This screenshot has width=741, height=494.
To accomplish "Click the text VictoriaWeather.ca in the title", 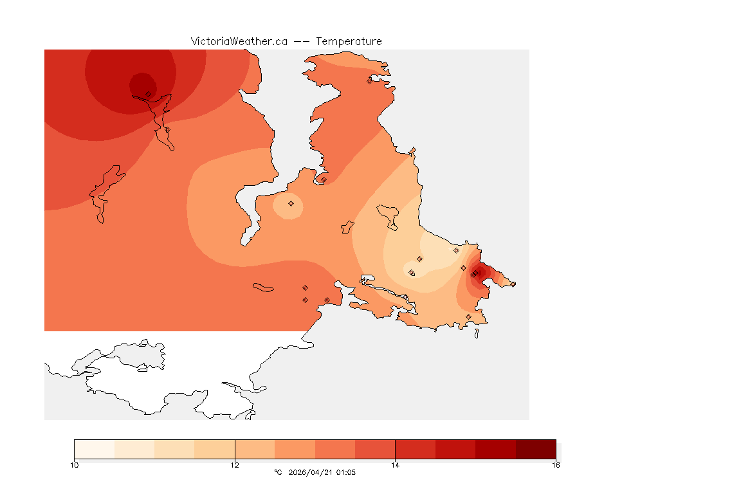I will point(239,41).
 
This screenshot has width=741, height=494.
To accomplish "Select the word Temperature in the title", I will point(349,41).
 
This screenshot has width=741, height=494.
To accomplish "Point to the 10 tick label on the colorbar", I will point(74,464).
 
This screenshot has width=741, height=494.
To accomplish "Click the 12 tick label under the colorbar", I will point(235,464).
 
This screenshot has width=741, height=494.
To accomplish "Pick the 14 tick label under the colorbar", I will point(395,464).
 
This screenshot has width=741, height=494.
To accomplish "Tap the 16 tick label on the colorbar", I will point(555,464).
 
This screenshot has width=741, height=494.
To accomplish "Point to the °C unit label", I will point(278,472).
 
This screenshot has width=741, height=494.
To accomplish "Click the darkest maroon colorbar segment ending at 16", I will point(535,449).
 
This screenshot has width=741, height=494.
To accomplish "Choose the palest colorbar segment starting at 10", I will point(94,449).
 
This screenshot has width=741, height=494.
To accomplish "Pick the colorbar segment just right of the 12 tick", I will point(255,449).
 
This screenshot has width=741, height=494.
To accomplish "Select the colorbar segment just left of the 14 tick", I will point(375,449).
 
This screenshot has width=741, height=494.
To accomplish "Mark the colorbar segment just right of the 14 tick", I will point(415,449).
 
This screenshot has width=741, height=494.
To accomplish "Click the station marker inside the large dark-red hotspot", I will point(148,94).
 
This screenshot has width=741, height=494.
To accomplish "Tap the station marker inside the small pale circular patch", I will point(291,203).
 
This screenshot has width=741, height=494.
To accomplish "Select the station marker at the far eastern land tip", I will point(513,284).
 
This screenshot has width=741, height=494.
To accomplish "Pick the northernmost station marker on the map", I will point(369,81).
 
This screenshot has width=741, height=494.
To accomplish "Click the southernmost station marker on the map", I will point(468,316).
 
